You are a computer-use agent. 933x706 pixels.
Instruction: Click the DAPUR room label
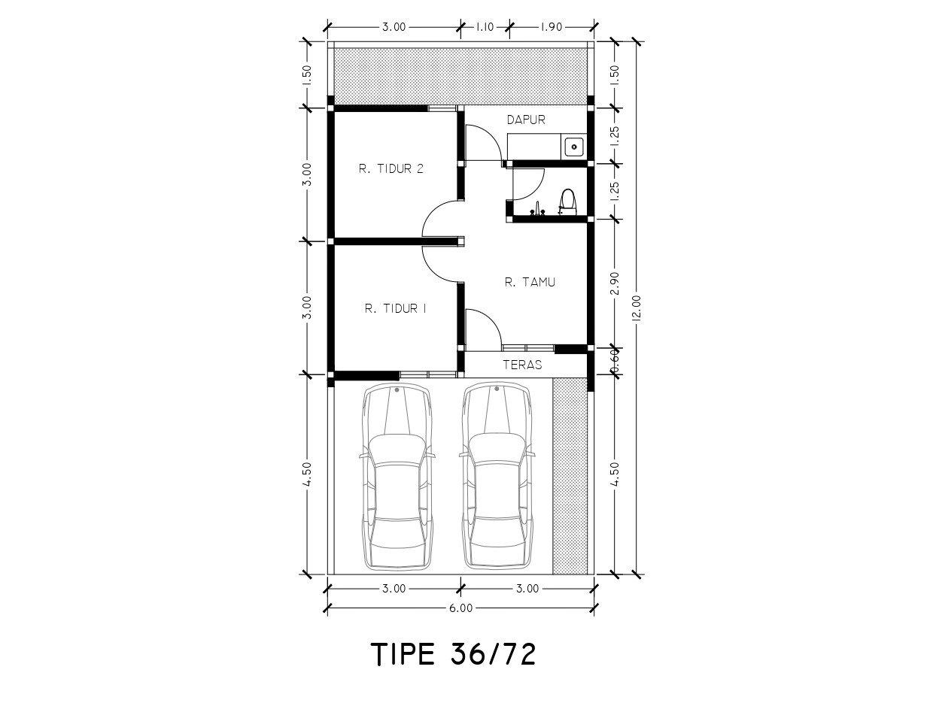(x=526, y=120)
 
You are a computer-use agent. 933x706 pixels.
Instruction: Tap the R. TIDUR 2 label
(x=391, y=169)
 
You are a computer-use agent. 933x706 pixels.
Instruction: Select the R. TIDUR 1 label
(x=395, y=308)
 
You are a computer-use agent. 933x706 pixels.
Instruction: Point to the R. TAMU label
(x=530, y=282)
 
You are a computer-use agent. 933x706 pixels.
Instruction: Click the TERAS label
(x=522, y=365)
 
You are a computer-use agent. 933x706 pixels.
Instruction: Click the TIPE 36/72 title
(x=454, y=654)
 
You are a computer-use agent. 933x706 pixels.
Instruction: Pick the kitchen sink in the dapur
(x=574, y=147)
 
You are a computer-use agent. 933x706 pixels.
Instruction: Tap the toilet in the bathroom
(x=567, y=201)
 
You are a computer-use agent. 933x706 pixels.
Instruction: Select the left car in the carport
(x=397, y=477)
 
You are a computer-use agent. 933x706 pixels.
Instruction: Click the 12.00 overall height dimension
(x=637, y=308)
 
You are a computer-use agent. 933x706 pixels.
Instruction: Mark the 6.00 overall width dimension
(x=460, y=608)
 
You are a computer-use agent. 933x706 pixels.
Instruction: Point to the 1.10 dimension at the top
(x=485, y=27)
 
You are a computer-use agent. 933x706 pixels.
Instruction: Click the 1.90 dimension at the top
(x=552, y=27)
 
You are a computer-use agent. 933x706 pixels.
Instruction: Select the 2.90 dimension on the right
(x=615, y=283)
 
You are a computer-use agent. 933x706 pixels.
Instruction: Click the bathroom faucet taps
(x=536, y=209)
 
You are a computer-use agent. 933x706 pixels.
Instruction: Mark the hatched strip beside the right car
(x=570, y=476)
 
